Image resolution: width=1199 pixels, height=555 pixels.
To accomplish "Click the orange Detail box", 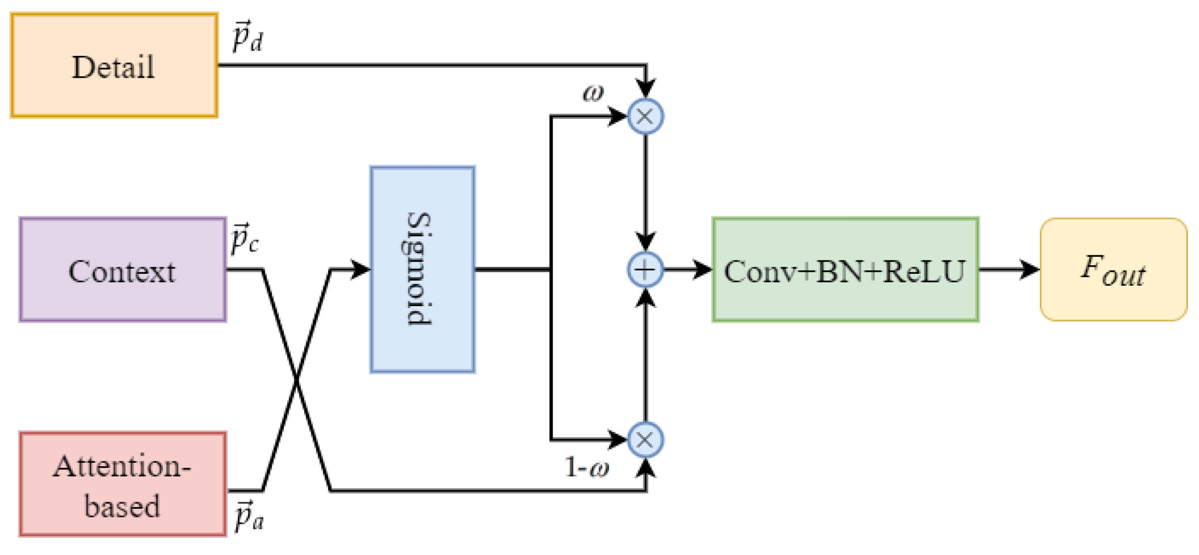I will [114, 66].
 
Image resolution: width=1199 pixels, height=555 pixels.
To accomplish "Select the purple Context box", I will [122, 270].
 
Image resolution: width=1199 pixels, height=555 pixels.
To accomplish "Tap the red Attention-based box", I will [122, 485].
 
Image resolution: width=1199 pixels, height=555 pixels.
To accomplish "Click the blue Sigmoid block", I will [422, 270].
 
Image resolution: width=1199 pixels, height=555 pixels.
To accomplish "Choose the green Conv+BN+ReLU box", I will [845, 270].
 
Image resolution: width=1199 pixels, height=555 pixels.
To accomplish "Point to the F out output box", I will [1113, 270].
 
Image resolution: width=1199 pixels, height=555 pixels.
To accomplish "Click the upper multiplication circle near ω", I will [645, 117].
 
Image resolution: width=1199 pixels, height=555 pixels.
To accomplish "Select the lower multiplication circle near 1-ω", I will [645, 440].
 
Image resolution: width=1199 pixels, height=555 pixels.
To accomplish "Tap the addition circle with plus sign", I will [645, 270].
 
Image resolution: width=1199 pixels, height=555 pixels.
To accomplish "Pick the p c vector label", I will [244, 238].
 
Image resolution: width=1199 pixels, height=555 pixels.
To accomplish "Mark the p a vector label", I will [249, 516].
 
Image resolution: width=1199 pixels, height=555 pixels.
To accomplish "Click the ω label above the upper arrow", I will [593, 93].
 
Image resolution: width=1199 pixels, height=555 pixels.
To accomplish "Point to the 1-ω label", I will [587, 468].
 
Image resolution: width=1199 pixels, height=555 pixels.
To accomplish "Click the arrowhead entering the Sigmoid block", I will [360, 270].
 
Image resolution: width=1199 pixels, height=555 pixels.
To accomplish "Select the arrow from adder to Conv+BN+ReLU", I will [688, 270].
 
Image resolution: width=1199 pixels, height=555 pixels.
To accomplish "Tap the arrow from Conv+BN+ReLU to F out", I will [1009, 270].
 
